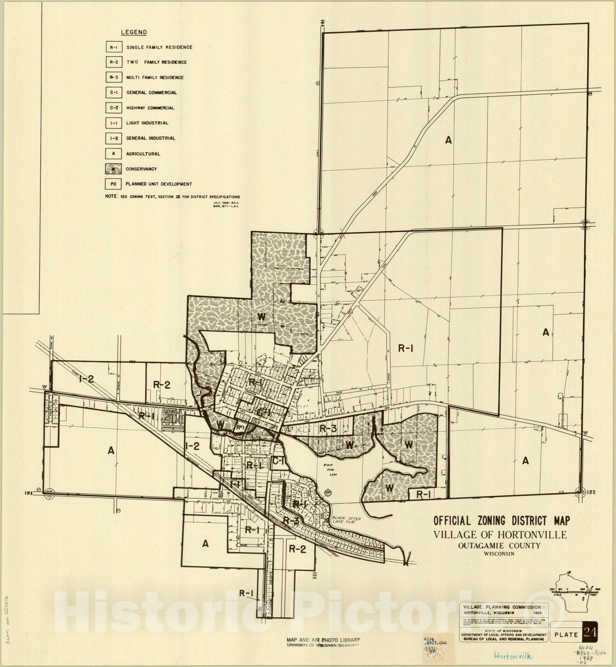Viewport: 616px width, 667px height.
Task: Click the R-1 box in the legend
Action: (x=113, y=48)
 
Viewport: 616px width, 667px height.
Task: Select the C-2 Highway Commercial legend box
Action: (x=113, y=108)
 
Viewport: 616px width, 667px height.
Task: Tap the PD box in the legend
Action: (x=113, y=184)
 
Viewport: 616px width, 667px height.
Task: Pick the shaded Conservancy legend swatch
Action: (x=113, y=169)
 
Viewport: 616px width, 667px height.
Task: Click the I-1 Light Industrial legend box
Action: (x=113, y=123)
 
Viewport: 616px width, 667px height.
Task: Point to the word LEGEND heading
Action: (x=134, y=32)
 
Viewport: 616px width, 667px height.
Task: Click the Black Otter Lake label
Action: (x=332, y=468)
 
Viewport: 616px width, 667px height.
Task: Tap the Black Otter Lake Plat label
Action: (x=346, y=521)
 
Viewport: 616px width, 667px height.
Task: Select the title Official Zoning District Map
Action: (x=501, y=520)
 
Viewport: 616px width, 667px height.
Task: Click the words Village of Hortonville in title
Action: (x=500, y=534)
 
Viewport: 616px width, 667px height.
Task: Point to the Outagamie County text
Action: (x=499, y=546)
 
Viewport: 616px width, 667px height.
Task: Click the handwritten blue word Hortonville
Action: (x=513, y=656)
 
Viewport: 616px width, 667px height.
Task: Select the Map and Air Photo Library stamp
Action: (x=323, y=642)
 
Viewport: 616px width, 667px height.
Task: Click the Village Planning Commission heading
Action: (x=503, y=607)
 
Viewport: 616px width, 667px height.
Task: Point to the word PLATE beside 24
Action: (x=566, y=635)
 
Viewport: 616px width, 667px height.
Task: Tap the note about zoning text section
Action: (x=173, y=197)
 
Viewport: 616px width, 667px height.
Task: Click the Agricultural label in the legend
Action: (x=143, y=154)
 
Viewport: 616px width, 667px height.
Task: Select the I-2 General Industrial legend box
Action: (x=113, y=138)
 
